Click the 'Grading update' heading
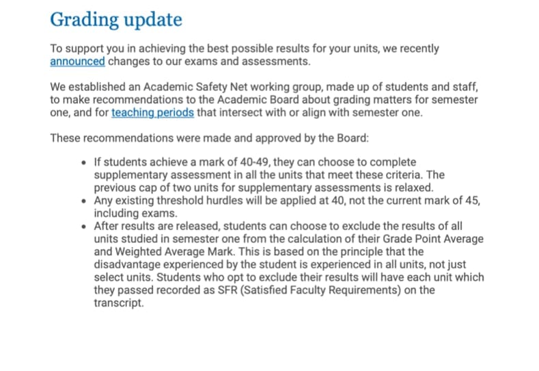tap(116, 19)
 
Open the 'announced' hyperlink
tap(77, 62)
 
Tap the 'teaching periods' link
tap(152, 112)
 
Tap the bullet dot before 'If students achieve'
tap(83, 162)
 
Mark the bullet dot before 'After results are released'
tap(83, 226)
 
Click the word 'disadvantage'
tap(127, 264)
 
